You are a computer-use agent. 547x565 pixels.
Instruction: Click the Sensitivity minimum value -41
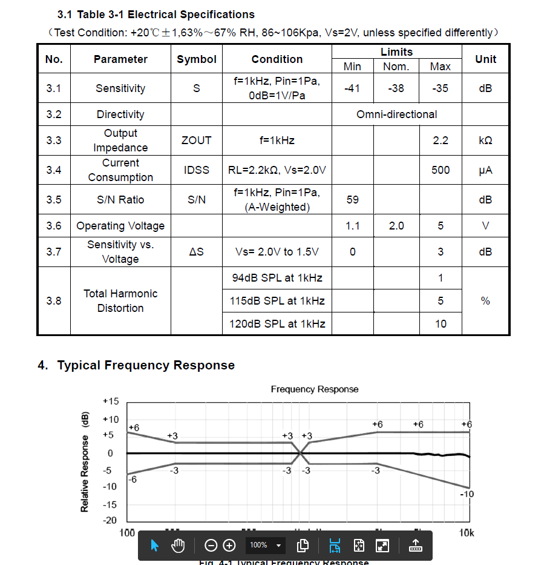352,88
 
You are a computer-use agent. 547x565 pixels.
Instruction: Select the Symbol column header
197,59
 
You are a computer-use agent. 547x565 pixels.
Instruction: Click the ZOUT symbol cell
197,140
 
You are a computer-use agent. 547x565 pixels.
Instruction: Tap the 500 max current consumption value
441,170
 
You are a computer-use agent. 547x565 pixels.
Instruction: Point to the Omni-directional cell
396,114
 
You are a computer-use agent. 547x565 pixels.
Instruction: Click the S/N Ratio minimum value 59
352,200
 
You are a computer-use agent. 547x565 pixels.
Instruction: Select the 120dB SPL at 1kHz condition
277,324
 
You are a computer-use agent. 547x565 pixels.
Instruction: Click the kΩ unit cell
485,140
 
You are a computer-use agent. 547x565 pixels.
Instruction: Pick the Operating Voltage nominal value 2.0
396,226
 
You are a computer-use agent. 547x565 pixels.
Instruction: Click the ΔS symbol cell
197,252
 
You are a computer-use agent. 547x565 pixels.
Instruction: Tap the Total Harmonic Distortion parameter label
120,301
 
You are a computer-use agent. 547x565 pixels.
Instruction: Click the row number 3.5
54,200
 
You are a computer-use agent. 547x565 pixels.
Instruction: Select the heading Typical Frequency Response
145,365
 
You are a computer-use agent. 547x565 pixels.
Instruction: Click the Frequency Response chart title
315,389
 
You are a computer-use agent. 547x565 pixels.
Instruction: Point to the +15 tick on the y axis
111,401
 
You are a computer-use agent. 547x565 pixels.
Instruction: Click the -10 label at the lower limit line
467,494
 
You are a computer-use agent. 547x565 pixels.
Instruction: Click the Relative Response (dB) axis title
85,461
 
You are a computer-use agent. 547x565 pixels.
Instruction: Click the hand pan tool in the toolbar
177,546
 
